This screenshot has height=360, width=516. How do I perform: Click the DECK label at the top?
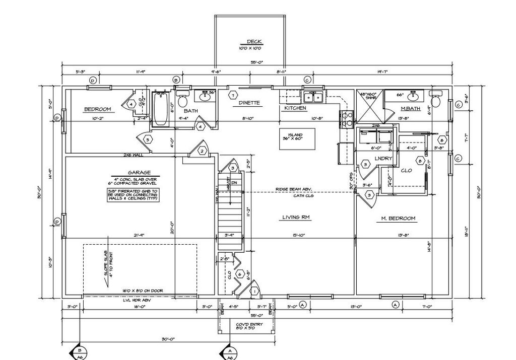pyautogui.click(x=254, y=42)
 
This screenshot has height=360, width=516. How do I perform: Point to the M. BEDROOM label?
pyautogui.click(x=398, y=219)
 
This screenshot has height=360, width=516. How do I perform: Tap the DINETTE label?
pyautogui.click(x=249, y=103)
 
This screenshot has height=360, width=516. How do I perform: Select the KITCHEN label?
pyautogui.click(x=295, y=108)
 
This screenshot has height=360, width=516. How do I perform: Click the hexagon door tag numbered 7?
pyautogui.click(x=232, y=95)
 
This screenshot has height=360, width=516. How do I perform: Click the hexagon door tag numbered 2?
pyautogui.click(x=202, y=151)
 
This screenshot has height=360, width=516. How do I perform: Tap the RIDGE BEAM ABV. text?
pyautogui.click(x=294, y=189)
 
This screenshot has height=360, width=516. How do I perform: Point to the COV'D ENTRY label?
pyautogui.click(x=246, y=325)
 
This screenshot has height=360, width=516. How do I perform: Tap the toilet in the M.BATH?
pyautogui.click(x=436, y=99)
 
